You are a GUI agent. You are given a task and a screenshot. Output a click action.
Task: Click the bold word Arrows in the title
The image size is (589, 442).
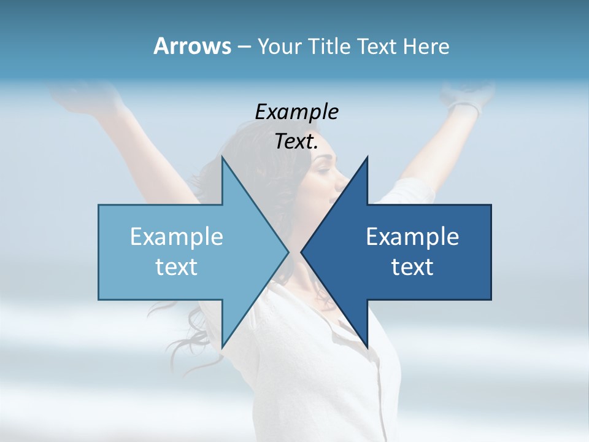(192, 46)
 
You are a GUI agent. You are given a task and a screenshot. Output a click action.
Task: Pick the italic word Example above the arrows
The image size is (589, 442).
(296, 112)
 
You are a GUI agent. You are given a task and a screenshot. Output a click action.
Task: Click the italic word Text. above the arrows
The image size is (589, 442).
(296, 142)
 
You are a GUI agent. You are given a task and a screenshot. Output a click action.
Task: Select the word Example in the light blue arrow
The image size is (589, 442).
(177, 236)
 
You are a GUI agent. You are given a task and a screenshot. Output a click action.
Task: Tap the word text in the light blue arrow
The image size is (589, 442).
(177, 266)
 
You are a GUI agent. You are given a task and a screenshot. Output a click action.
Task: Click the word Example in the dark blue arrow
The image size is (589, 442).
(412, 236)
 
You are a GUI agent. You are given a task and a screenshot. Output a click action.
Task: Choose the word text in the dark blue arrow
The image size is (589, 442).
(412, 266)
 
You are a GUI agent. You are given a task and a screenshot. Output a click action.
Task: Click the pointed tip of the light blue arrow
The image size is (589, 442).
(288, 251)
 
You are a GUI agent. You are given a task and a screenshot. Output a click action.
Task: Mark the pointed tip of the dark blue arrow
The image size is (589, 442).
(302, 251)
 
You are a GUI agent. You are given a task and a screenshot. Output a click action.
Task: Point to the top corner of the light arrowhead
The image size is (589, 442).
(222, 157)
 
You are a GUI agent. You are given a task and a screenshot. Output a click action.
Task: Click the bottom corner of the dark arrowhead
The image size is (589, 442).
(367, 347)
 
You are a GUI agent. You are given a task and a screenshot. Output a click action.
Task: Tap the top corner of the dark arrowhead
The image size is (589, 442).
(367, 157)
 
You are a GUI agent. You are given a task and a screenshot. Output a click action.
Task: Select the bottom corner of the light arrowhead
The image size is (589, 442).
(222, 347)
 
